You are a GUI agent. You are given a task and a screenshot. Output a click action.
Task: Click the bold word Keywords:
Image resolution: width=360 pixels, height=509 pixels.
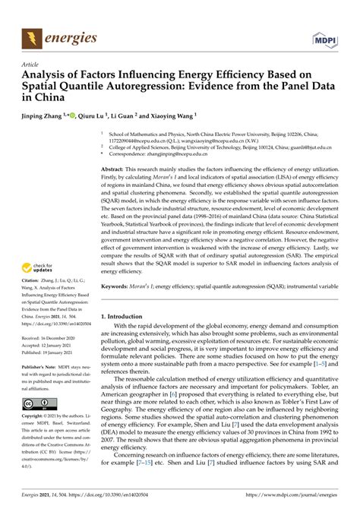click(118, 310)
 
